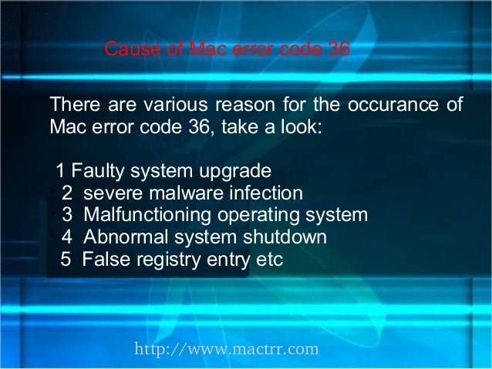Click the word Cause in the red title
tap(126, 50)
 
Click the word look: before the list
tap(293, 126)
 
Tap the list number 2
tap(67, 193)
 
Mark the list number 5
tap(66, 259)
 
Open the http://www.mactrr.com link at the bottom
tap(226, 350)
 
